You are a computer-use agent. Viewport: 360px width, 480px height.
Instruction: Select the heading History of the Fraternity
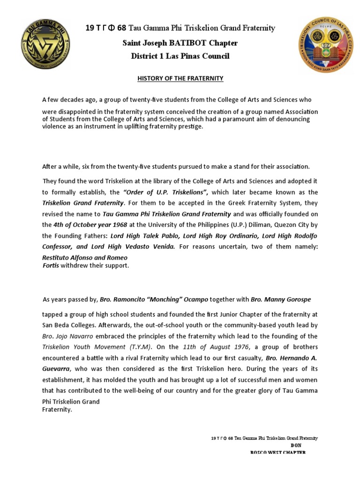click(180, 79)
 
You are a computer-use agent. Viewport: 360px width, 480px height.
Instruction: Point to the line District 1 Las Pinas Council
click(180, 56)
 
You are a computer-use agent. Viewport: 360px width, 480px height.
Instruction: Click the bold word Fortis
click(51, 265)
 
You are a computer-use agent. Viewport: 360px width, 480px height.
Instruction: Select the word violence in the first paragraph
click(56, 127)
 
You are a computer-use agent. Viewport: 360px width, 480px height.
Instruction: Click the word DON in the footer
click(296, 445)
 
